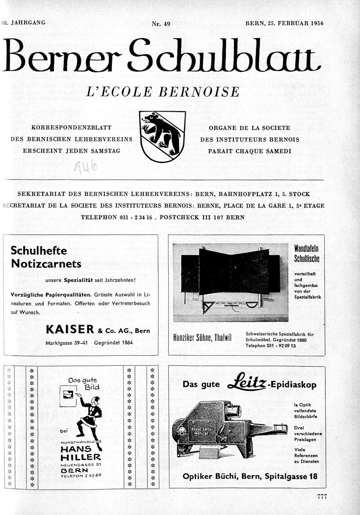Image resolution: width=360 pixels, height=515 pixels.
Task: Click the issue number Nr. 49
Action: (161, 24)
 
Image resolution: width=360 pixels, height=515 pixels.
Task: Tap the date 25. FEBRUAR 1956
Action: (292, 23)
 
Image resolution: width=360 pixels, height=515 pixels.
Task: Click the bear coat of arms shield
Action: (162, 136)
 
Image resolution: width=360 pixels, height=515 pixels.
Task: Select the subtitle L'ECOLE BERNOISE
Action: (163, 92)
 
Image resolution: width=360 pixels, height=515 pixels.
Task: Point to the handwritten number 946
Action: (85, 168)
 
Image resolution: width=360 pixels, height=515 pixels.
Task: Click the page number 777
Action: (321, 497)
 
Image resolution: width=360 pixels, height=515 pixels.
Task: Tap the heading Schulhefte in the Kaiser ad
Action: (39, 251)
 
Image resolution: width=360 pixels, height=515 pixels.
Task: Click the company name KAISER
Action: (70, 330)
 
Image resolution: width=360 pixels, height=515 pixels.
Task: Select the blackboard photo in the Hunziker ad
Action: (230, 282)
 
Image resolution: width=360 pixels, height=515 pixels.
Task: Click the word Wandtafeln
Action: (306, 248)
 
